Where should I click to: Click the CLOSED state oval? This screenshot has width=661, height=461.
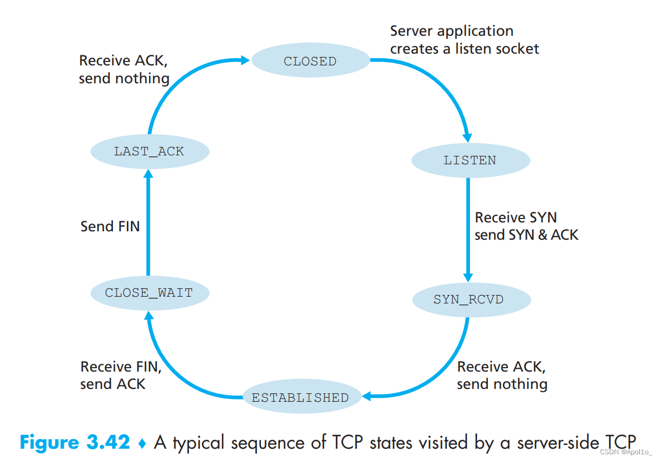point(310,61)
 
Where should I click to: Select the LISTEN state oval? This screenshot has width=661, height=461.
point(470,160)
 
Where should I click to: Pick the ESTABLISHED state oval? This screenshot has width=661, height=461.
point(300,398)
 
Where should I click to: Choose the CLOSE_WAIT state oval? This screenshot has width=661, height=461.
point(149,292)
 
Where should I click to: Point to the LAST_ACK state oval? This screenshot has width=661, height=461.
point(149,151)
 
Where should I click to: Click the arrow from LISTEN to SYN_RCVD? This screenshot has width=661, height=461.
point(468,229)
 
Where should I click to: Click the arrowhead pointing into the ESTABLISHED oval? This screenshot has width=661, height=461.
point(367,396)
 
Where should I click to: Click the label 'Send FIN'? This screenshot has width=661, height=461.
point(110,226)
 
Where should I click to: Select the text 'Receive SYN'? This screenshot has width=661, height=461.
point(515,217)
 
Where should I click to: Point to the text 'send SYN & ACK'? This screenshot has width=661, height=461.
point(526,235)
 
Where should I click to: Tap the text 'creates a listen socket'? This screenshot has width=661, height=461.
point(464,49)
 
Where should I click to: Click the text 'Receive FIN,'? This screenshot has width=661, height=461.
point(121,367)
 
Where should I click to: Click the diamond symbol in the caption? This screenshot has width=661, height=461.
point(142,443)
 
